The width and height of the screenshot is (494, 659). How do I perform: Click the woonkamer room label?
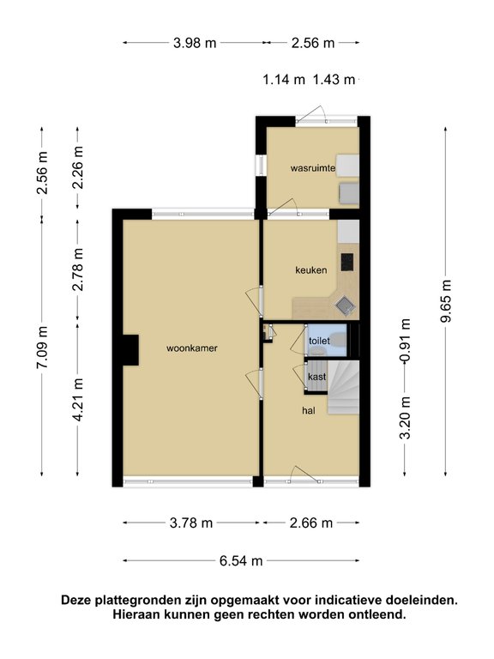coord(191,348)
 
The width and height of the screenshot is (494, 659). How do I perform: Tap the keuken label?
coord(311,270)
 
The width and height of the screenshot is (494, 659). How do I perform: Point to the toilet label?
coord(319,341)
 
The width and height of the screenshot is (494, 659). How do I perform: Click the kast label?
coord(316,376)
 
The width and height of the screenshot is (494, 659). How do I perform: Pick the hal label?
coord(309,411)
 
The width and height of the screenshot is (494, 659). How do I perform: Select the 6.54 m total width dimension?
coord(241,561)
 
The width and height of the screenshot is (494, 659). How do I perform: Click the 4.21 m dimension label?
coord(78,400)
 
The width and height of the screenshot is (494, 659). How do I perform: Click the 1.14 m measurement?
coord(284,80)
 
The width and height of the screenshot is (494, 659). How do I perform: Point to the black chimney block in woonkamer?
coord(130,349)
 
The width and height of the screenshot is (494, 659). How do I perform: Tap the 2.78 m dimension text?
coord(78,268)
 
